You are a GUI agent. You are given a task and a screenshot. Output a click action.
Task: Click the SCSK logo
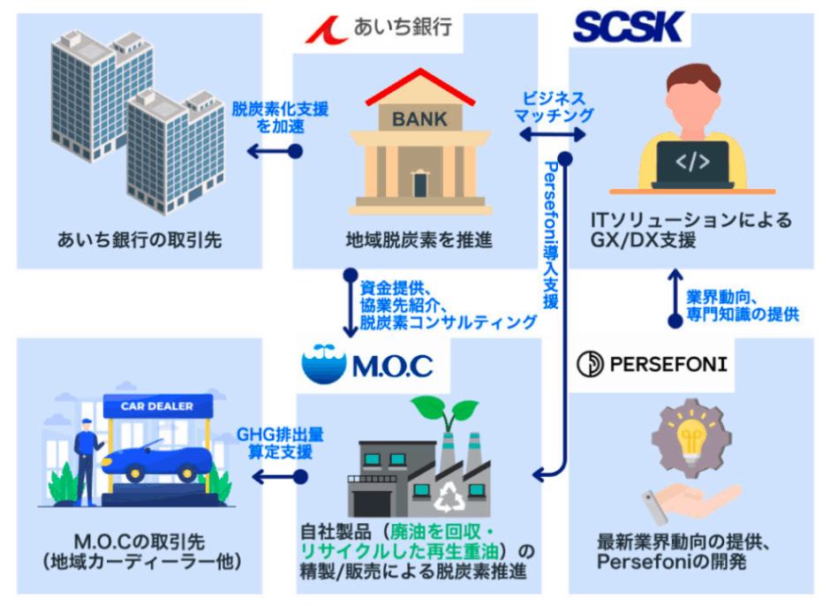[629, 27]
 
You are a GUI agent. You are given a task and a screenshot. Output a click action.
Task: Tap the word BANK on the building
[419, 119]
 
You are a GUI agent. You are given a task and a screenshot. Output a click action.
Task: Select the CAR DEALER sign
[158, 406]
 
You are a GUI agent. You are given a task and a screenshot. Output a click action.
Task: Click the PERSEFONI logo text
[668, 365]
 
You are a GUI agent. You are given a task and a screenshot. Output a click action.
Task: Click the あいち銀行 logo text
[403, 27]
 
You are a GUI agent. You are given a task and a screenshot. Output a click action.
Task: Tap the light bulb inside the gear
[690, 437]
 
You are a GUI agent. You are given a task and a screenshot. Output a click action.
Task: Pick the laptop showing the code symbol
[692, 164]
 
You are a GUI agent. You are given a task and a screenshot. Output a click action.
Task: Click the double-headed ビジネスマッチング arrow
[552, 134]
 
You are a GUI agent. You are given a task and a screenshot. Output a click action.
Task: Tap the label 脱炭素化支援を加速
[280, 117]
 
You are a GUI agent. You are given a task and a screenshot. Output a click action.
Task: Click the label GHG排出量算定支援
[280, 443]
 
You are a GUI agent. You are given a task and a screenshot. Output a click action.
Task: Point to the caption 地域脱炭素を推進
[419, 240]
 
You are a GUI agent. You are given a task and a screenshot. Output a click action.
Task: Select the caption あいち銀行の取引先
[140, 240]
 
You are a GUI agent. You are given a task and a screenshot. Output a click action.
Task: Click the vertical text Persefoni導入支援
[551, 235]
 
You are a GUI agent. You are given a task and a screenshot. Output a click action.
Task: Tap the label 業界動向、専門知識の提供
[743, 306]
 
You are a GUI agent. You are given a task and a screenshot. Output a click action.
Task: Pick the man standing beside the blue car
[87, 461]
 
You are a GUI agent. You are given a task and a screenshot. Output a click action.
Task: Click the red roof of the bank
[420, 86]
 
